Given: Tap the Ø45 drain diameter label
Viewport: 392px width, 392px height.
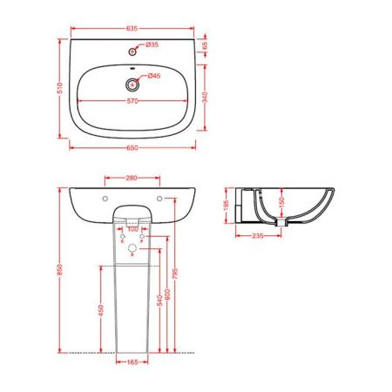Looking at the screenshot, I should click(x=152, y=77).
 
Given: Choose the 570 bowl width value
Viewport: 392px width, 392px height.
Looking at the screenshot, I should click(x=133, y=101).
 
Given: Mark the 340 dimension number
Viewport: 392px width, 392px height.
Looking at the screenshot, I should click(x=206, y=98).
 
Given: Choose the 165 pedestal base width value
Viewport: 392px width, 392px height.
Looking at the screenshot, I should click(x=132, y=363).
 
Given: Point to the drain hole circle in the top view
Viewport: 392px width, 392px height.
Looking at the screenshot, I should click(x=132, y=84).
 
